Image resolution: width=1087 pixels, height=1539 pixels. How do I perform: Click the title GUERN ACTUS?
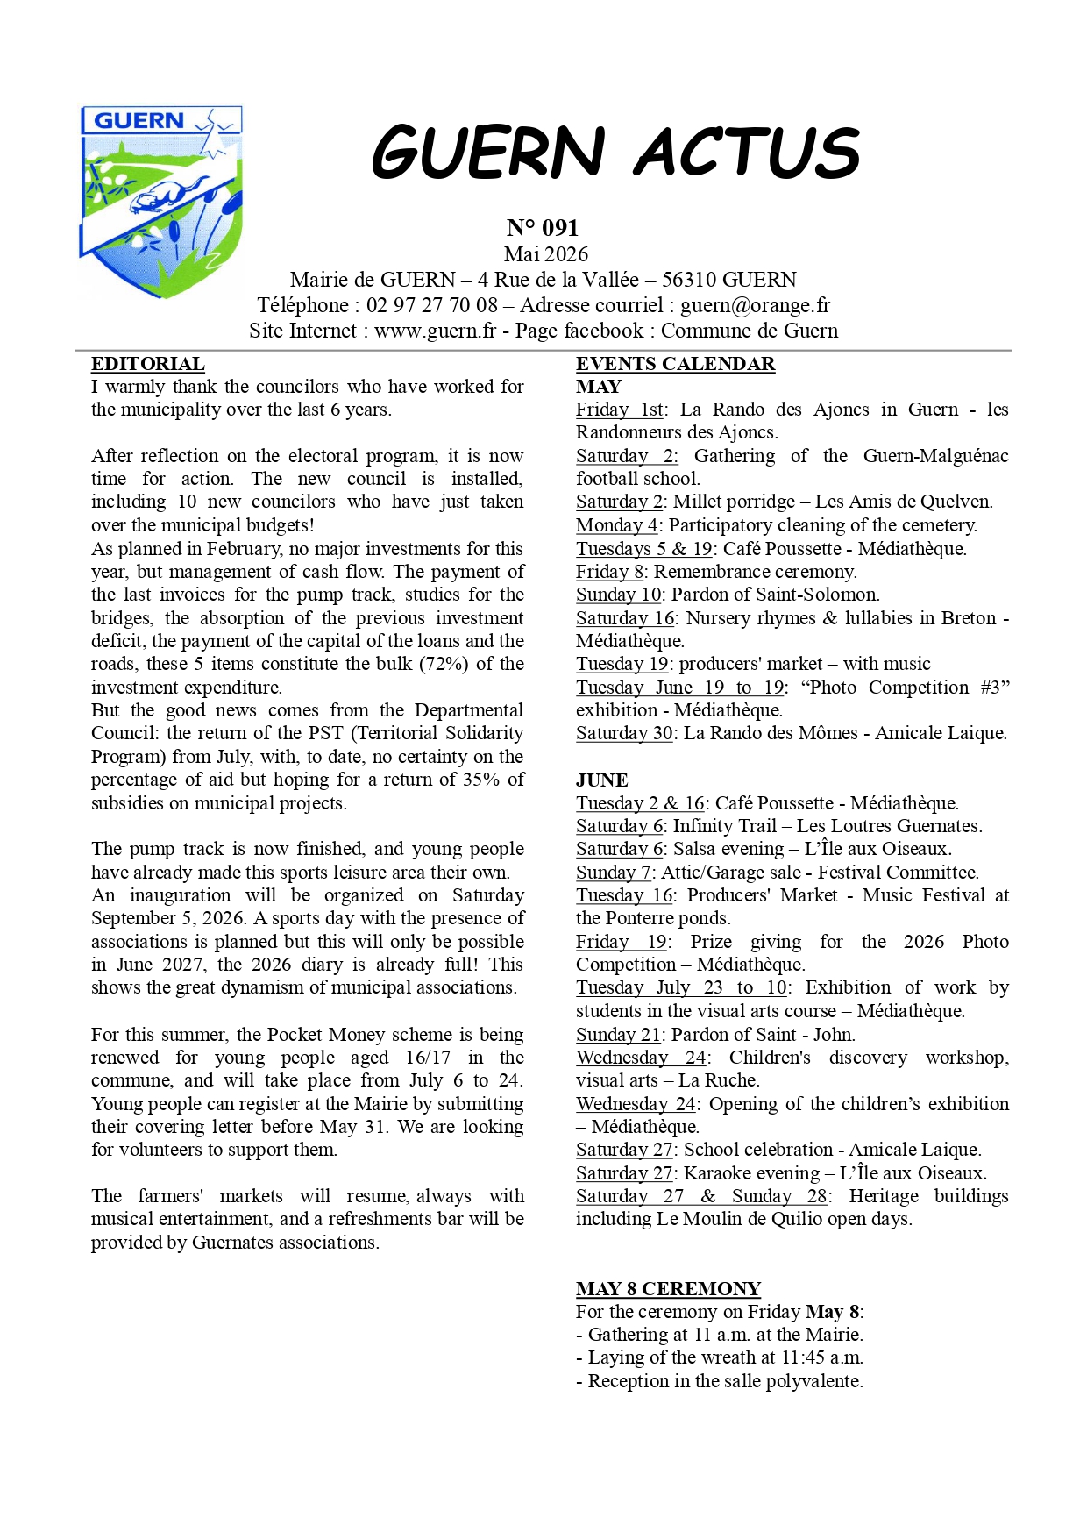[615, 153]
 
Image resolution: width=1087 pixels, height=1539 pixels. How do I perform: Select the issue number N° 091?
[543, 228]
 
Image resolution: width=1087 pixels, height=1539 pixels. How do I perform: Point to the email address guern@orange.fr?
[755, 305]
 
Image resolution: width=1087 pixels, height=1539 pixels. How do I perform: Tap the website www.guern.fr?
[435, 331]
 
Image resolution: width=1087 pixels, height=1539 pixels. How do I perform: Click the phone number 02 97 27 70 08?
[432, 305]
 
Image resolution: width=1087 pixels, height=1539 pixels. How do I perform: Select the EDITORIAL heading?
[148, 364]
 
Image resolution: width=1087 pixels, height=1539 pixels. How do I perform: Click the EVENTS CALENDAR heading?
[675, 364]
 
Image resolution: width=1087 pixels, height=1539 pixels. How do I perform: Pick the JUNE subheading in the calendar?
[602, 780]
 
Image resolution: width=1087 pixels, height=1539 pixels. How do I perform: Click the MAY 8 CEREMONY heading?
[668, 1289]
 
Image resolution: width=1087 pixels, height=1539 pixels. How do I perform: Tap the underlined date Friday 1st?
[620, 410]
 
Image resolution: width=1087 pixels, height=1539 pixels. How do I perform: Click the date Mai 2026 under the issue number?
[546, 254]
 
